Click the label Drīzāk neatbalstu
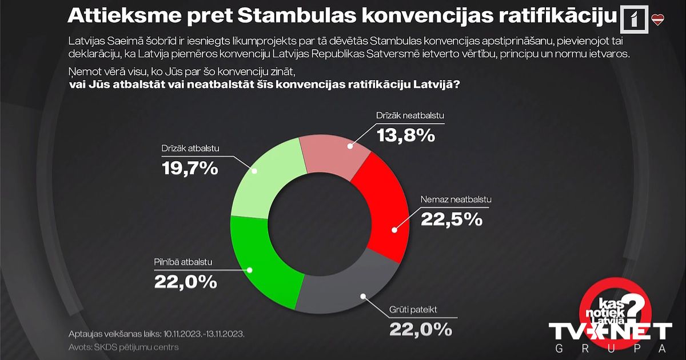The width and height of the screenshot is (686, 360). [x=410, y=116]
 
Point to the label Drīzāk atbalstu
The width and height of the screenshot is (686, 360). [x=188, y=150]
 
